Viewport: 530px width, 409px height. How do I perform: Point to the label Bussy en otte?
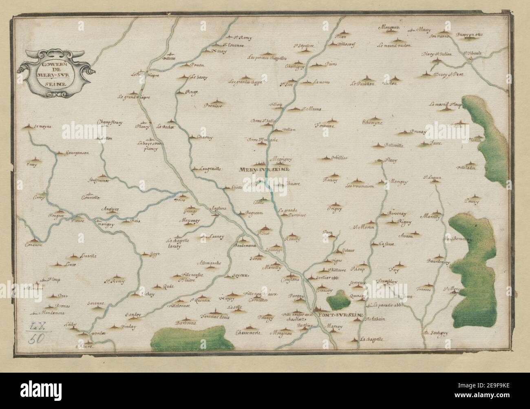tap(469, 35)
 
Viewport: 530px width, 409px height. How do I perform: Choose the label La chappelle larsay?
tap(178, 243)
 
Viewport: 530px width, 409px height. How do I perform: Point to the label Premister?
tap(213, 106)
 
